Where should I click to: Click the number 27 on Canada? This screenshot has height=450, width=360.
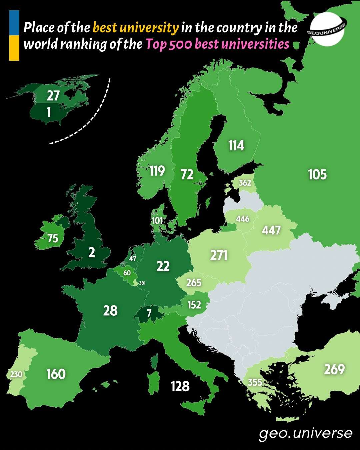click(53, 96)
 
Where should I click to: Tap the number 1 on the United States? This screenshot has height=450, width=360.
click(49, 112)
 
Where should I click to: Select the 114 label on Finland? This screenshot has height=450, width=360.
click(236, 146)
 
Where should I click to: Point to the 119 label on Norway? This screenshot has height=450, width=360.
click(157, 171)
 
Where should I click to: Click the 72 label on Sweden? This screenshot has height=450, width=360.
click(187, 174)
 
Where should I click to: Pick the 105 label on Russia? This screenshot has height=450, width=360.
click(317, 174)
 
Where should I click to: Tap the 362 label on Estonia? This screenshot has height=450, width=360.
click(245, 183)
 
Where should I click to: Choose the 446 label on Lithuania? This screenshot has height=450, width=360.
click(242, 219)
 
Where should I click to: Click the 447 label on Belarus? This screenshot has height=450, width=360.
click(271, 230)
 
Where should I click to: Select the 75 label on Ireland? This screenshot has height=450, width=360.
click(53, 239)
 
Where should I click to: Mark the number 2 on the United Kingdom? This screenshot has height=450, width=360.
click(92, 253)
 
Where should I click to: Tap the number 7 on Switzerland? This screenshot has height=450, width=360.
click(149, 313)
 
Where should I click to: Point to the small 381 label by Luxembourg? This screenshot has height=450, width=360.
click(142, 283)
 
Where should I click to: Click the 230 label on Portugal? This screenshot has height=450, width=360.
click(16, 374)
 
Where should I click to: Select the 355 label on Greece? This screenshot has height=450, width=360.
click(255, 382)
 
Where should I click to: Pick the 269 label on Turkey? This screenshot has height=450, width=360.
click(334, 369)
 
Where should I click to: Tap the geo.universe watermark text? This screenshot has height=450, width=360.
click(305, 433)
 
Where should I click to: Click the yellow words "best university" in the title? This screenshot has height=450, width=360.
click(136, 28)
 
